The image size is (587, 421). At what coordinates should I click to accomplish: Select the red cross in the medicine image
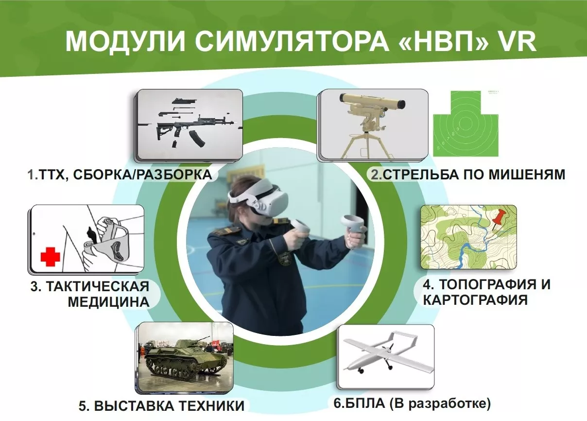click(x=50, y=256)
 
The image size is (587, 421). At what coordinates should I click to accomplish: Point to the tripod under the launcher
click(x=364, y=146)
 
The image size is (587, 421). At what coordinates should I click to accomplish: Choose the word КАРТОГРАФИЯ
click(x=475, y=299)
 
